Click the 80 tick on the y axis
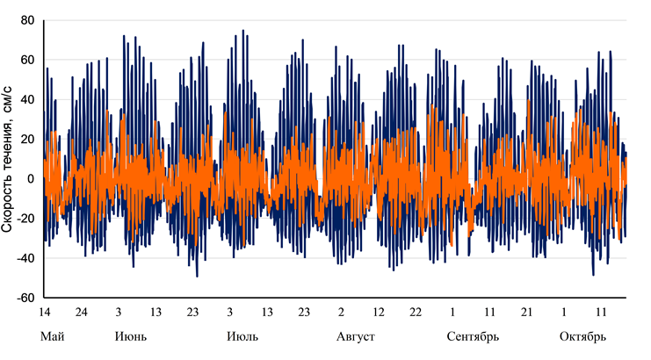(28, 20)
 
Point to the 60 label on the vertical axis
(28, 60)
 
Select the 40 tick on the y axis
(28, 99)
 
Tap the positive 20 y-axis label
(28, 139)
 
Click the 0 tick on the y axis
(31, 178)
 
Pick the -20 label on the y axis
(25, 218)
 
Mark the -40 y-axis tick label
(25, 257)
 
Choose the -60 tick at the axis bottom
(25, 297)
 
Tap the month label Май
(53, 336)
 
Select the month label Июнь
(131, 336)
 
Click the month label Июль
(242, 336)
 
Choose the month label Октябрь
(582, 336)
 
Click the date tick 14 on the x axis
(45, 312)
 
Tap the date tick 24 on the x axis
(82, 312)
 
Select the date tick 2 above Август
(341, 312)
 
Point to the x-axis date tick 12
(379, 312)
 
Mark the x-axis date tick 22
(416, 312)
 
